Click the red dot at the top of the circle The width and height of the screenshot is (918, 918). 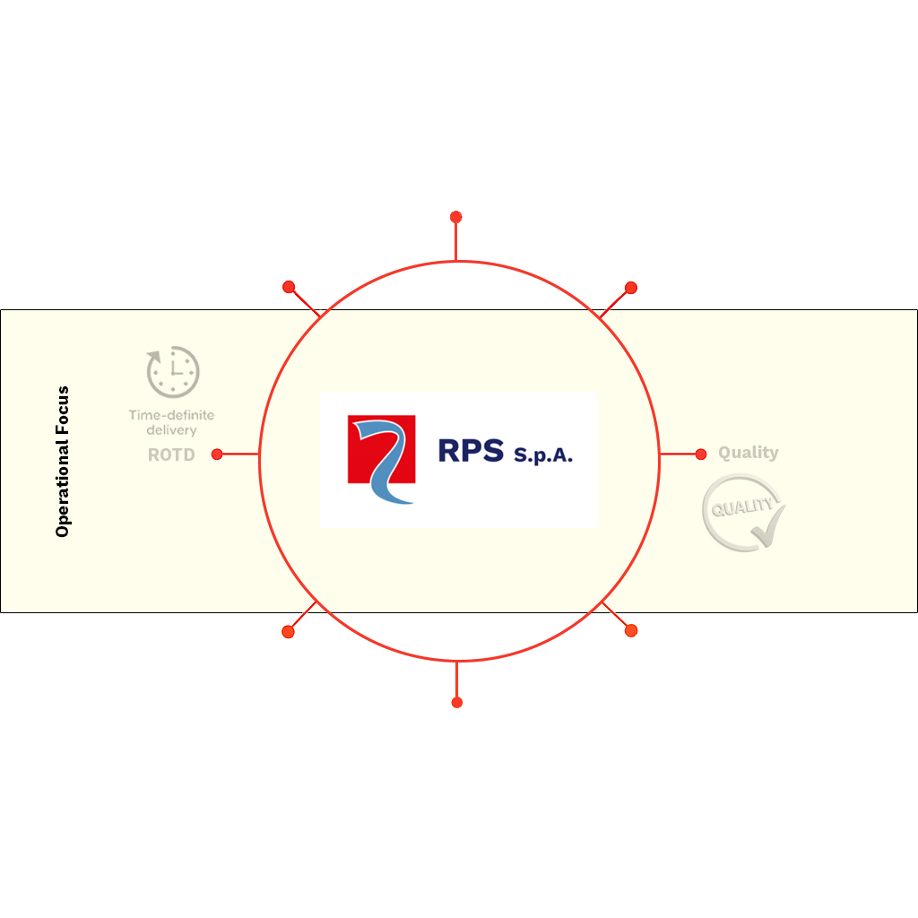click(456, 217)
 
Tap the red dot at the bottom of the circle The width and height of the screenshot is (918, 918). click(457, 703)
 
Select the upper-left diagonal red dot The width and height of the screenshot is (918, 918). click(289, 287)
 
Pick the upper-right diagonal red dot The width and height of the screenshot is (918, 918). click(631, 288)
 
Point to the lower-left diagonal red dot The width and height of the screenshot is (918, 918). click(288, 632)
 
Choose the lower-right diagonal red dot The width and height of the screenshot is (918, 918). click(631, 630)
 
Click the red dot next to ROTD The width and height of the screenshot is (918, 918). click(217, 455)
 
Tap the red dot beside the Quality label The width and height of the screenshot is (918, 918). click(701, 455)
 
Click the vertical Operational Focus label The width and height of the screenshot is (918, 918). click(62, 462)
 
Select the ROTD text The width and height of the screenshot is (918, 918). click(171, 455)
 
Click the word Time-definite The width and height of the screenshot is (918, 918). click(171, 415)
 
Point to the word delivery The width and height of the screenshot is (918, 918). click(171, 430)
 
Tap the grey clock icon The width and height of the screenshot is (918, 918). click(173, 372)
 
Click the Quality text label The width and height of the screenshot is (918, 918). click(749, 453)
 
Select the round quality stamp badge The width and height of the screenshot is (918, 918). click(743, 513)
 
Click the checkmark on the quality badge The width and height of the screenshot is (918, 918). click(768, 528)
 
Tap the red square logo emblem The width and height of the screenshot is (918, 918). click(382, 450)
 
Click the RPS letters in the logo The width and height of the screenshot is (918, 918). click(471, 451)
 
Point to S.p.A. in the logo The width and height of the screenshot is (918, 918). click(543, 455)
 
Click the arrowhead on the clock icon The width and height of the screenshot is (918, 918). click(154, 357)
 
